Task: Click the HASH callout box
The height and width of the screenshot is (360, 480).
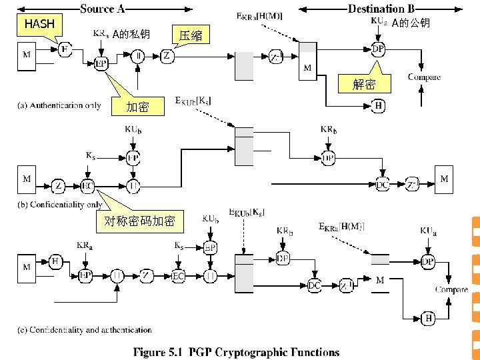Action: pyautogui.click(x=41, y=25)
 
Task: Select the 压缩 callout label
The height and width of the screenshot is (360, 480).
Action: pyautogui.click(x=191, y=35)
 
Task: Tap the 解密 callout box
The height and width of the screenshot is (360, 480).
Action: pyautogui.click(x=364, y=84)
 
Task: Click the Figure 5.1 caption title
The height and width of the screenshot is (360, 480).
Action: pyautogui.click(x=237, y=352)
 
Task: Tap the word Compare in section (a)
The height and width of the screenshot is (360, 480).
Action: pyautogui.click(x=424, y=77)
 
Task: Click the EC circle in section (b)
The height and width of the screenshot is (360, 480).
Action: pyautogui.click(x=87, y=185)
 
